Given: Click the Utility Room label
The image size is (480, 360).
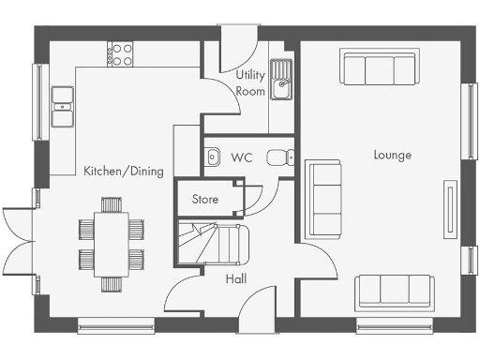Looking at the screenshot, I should pos(250,82).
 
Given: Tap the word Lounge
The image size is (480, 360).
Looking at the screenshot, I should pos(392,155).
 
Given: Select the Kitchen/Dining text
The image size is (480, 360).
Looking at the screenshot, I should pos(124,172).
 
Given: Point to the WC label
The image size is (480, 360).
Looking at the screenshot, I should pos(242,157).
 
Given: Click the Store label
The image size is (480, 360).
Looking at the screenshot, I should pos(205,199).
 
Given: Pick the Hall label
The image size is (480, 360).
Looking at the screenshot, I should pos(236,278).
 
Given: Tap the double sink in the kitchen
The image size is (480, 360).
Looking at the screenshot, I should pos(63,106).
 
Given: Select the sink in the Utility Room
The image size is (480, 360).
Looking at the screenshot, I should pos(281,88).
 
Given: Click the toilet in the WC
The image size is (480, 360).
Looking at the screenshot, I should pos(277,157).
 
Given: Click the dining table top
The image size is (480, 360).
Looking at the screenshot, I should pos(112,242).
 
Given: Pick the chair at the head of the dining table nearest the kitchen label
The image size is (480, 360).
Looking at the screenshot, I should pos(112,203).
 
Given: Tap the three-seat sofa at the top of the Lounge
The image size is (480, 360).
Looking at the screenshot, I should pos(379,68).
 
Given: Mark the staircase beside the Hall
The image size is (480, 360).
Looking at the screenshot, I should pos(216,243).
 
